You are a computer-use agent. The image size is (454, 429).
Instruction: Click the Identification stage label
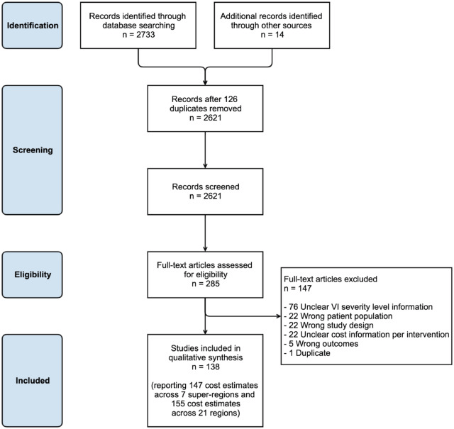tap(43, 25)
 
